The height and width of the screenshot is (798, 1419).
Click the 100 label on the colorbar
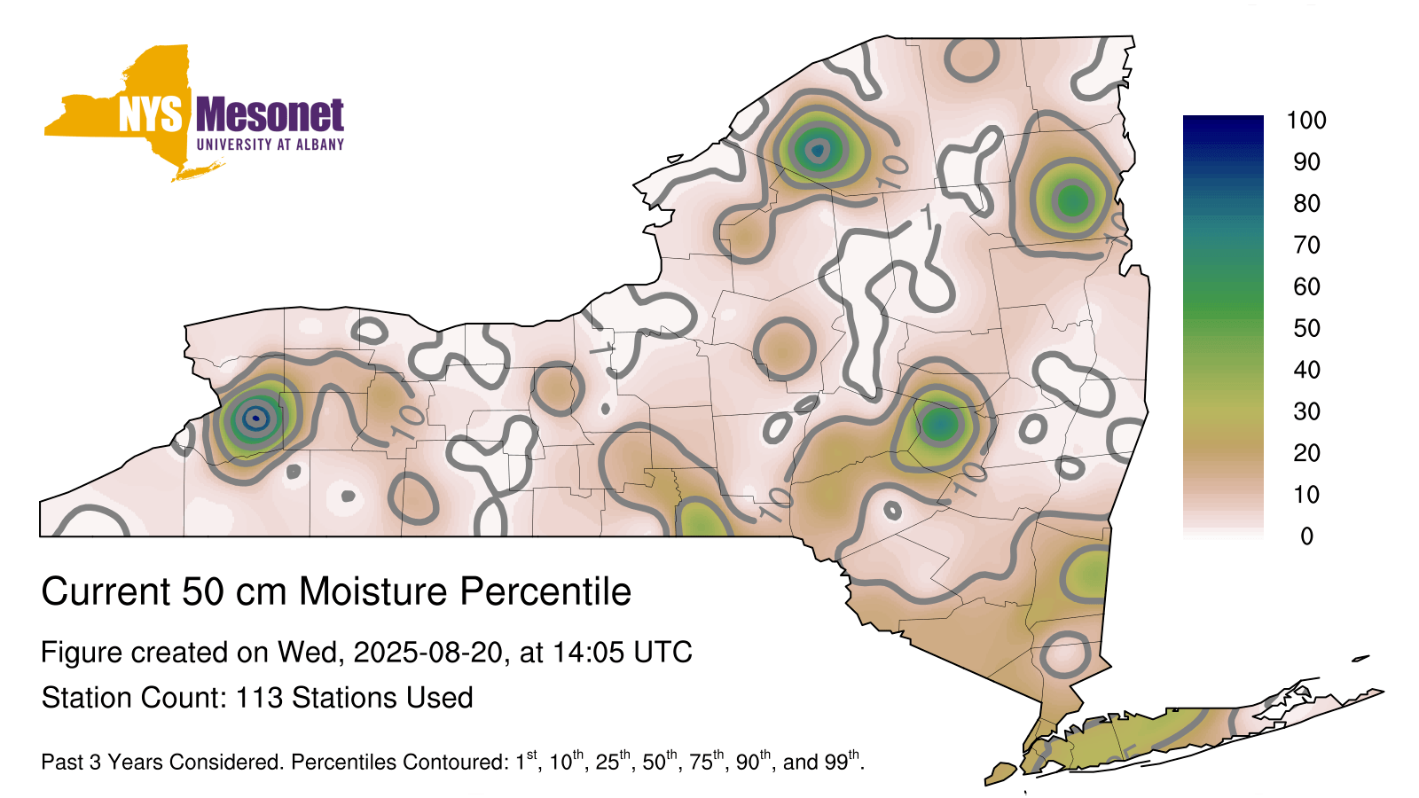(1306, 121)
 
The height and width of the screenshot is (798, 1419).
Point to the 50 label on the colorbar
(1306, 328)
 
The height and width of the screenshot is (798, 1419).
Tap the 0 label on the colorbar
(1306, 536)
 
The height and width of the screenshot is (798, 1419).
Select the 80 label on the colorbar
(1306, 203)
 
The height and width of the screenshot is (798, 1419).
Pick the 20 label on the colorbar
(1306, 453)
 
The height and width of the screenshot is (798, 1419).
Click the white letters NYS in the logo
(150, 114)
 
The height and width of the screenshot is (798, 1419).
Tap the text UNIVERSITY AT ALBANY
(270, 145)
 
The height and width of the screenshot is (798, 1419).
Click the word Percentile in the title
(545, 591)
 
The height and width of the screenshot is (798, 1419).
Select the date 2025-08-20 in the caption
(427, 653)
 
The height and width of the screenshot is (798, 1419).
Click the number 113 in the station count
(258, 697)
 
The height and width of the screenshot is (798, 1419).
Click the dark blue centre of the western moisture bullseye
(255, 418)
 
